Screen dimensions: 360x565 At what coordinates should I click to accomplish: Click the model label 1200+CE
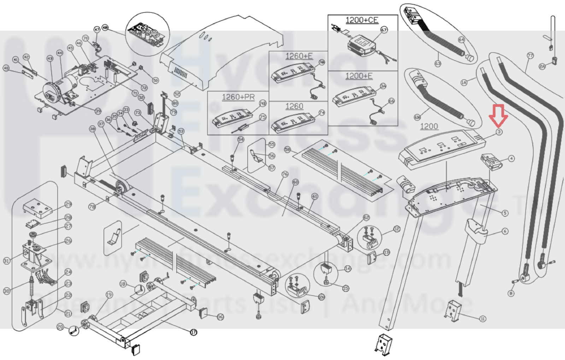pos(361,20)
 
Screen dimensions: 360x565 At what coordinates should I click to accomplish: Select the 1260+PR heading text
pos(238,97)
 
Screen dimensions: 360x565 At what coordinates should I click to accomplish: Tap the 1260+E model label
pos(299,56)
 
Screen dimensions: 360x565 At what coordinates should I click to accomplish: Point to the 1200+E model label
pos(359,76)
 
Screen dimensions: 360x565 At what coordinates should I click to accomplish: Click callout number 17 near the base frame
pos(193,332)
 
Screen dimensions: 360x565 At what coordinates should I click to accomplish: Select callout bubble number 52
pos(177,94)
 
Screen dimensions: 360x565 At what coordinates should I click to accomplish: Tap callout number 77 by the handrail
pos(530,56)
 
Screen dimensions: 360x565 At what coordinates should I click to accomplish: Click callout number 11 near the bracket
pos(483,319)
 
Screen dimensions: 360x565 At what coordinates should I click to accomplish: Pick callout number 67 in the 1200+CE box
pos(384,30)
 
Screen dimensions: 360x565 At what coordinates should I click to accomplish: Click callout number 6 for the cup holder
pos(505,231)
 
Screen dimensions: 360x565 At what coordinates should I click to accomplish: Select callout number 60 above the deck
pos(295,182)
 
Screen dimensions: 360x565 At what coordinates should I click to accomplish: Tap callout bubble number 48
pos(105,28)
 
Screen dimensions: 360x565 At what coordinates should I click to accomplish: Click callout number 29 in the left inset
pos(68,204)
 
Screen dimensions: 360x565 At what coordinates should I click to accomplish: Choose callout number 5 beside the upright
pos(505,213)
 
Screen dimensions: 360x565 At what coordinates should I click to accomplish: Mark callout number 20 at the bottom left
pos(60,327)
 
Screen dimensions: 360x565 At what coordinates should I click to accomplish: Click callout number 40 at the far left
pos(6,68)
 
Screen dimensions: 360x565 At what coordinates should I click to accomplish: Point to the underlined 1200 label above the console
pos(429,126)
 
